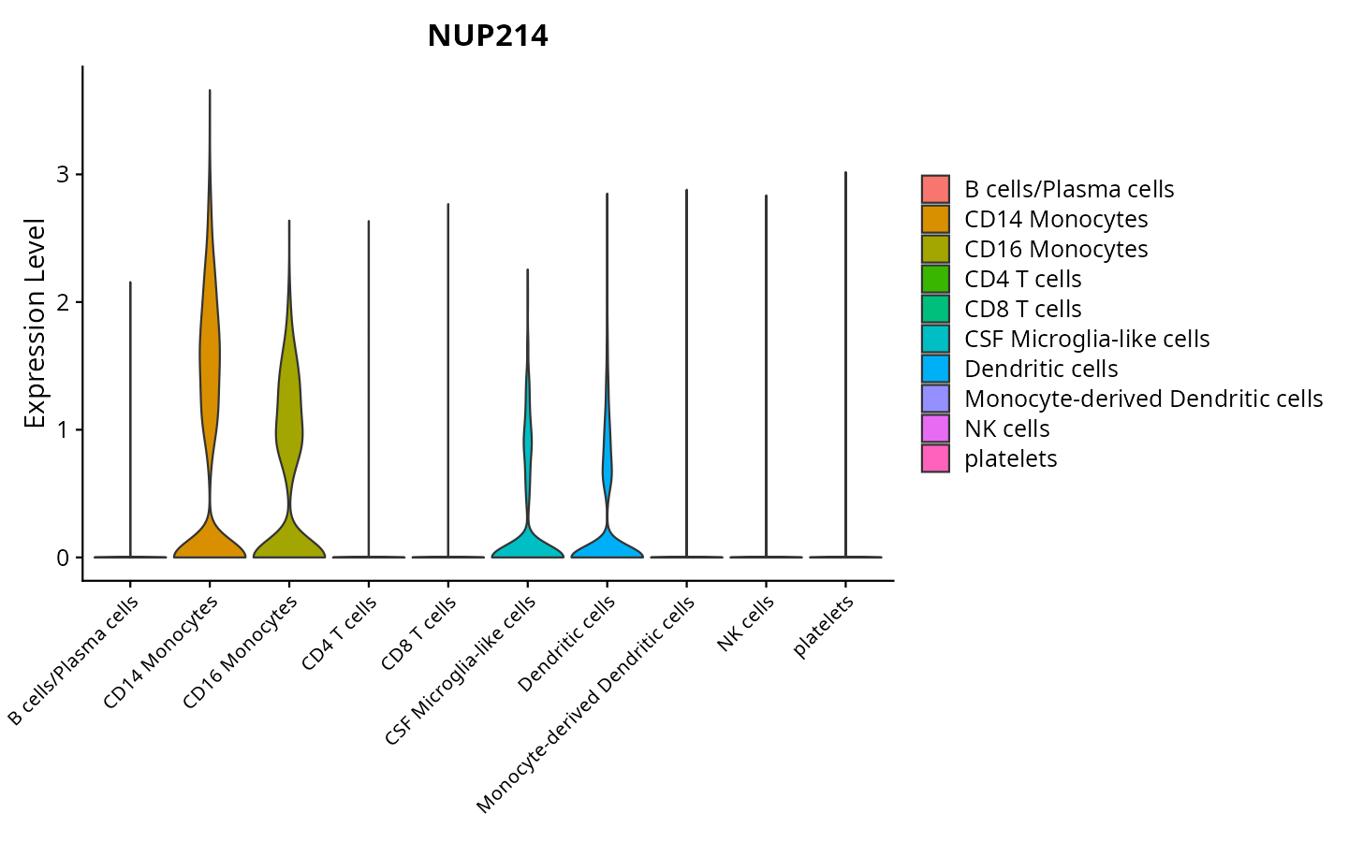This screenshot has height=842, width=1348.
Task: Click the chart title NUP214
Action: tap(488, 36)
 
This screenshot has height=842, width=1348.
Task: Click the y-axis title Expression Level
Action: tap(36, 324)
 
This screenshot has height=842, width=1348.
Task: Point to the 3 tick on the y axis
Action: tap(64, 175)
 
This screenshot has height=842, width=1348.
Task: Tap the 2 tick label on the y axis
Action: tap(64, 302)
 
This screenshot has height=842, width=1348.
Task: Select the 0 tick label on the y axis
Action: tap(64, 558)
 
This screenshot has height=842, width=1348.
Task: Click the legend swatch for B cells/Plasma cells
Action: tap(935, 189)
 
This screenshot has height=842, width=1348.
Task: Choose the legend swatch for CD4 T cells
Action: tap(935, 279)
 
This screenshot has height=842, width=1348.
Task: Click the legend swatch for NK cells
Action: tap(935, 428)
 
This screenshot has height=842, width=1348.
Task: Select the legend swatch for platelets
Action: tap(935, 458)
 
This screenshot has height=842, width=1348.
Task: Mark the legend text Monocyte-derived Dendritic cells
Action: tap(1143, 399)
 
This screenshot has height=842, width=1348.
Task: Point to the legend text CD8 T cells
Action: tap(1022, 309)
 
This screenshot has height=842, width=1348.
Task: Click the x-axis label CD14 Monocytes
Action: tap(162, 651)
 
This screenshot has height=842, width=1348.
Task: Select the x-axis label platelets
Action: tap(824, 627)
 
